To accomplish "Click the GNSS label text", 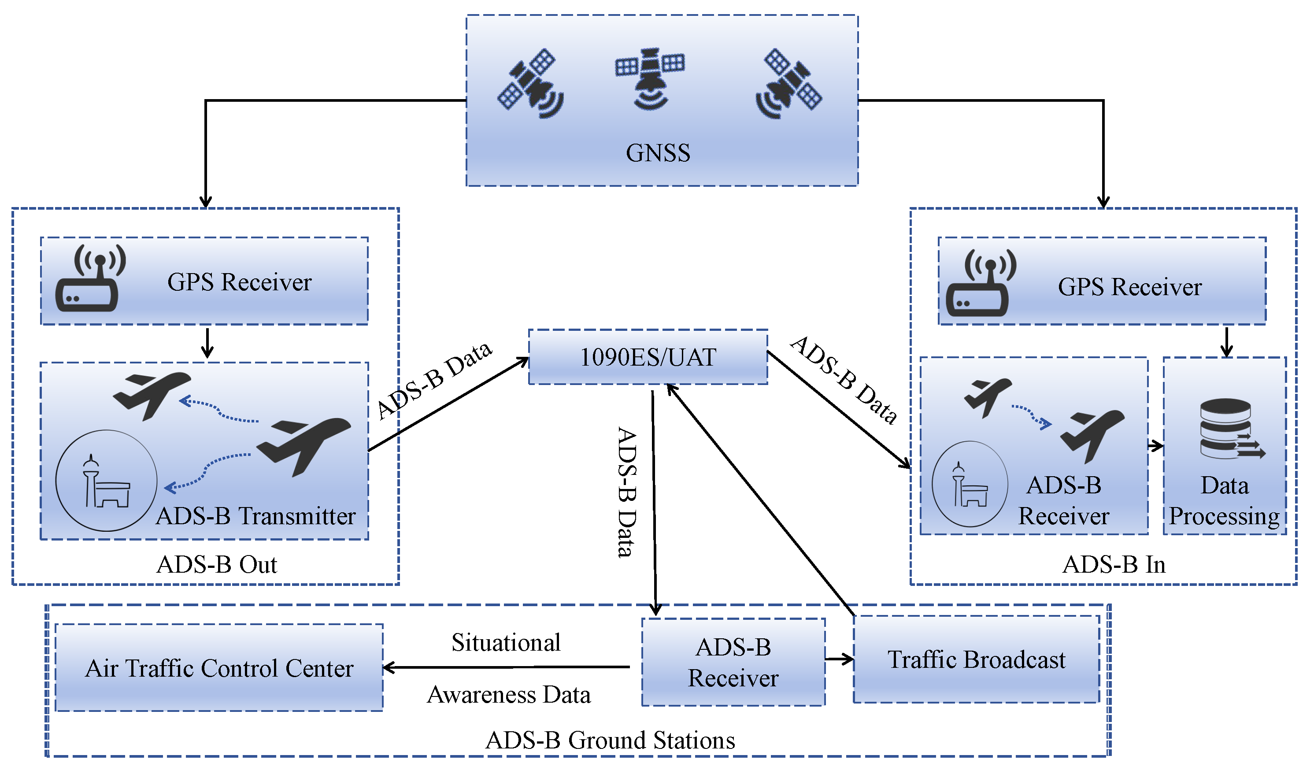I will [x=658, y=153].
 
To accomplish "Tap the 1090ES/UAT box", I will [x=648, y=357].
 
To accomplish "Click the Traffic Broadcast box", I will [x=976, y=660].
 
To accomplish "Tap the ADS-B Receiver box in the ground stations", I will [x=733, y=663].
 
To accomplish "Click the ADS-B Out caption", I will [x=216, y=565].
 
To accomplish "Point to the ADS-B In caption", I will [x=1113, y=565].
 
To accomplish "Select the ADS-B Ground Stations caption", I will [x=610, y=741].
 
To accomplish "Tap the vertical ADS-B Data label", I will [x=627, y=493].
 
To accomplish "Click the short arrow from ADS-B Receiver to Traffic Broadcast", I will [x=839, y=660].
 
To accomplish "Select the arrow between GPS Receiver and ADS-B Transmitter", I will [x=207, y=343].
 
